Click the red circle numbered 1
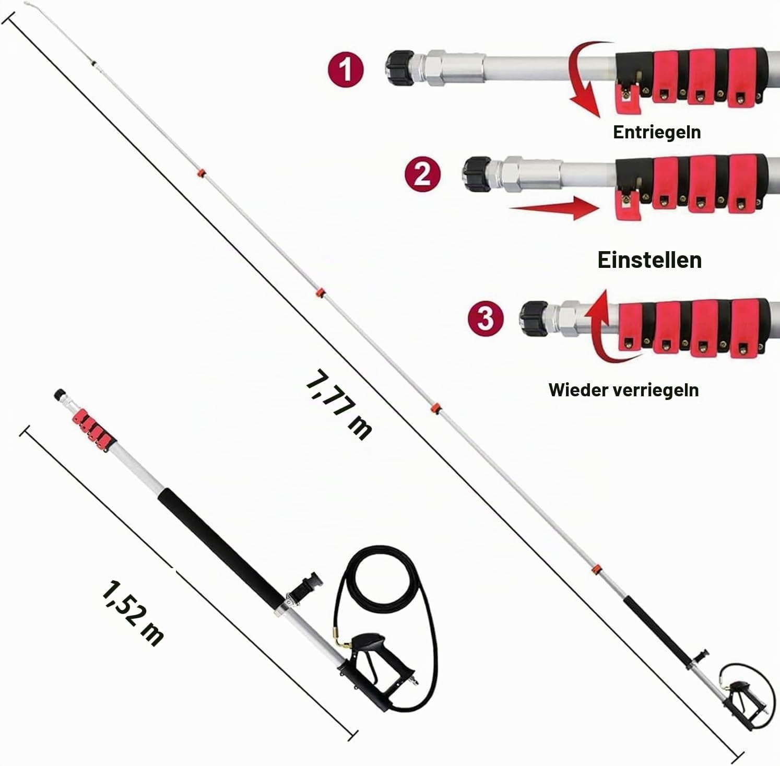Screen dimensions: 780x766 (x=346, y=70)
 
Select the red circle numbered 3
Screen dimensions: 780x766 (x=486, y=318)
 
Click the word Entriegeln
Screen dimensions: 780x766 (x=657, y=133)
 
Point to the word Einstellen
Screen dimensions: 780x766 (x=649, y=260)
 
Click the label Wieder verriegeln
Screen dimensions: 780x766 (x=623, y=390)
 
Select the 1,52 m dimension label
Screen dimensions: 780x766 (x=133, y=613)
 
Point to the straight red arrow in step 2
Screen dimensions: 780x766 (x=554, y=208)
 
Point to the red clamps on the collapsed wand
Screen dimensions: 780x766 (x=93, y=423)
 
